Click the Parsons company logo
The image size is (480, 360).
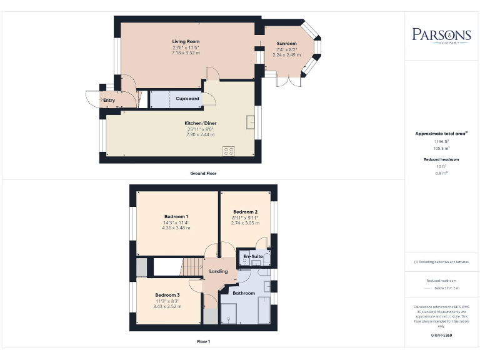pyautogui.click(x=441, y=35)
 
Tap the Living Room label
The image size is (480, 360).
pyautogui.click(x=186, y=42)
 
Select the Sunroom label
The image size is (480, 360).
pyautogui.click(x=287, y=44)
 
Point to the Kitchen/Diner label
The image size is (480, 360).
pyautogui.click(x=200, y=124)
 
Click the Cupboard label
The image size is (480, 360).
pyautogui.click(x=187, y=99)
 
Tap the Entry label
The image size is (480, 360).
pyautogui.click(x=109, y=100)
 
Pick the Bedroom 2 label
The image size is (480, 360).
pyautogui.click(x=244, y=211)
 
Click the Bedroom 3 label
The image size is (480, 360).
pyautogui.click(x=167, y=295)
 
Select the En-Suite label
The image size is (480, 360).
pyautogui.click(x=252, y=256)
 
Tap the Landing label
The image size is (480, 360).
pyautogui.click(x=218, y=271)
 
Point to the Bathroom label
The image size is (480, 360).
pyautogui.click(x=244, y=293)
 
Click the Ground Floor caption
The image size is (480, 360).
pyautogui.click(x=203, y=173)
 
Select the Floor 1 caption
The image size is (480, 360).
pyautogui.click(x=203, y=342)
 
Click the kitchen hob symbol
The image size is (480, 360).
pyautogui.click(x=229, y=151)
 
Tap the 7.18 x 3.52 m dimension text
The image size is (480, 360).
pyautogui.click(x=186, y=53)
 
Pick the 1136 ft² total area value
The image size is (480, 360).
pyautogui.click(x=442, y=142)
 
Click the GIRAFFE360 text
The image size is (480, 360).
pyautogui.click(x=442, y=336)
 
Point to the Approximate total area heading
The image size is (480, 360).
pyautogui.click(x=441, y=134)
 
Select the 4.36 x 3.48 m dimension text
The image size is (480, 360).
pyautogui.click(x=168, y=227)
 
